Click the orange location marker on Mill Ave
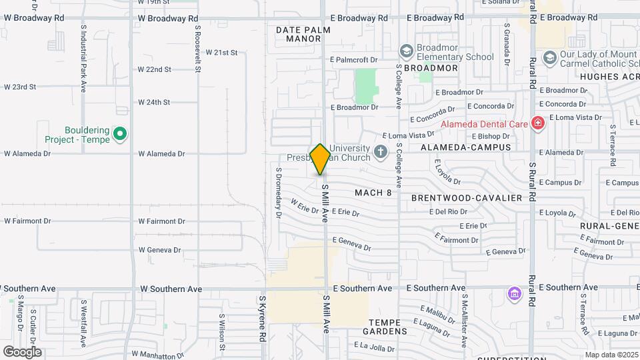coord(320,159)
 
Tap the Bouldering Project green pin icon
coord(120,135)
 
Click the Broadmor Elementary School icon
coord(406,51)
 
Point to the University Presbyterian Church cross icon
coord(381,153)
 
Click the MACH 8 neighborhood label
coord(373,193)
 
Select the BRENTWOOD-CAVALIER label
coord(466,198)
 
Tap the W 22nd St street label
coord(154,69)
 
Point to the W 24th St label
coord(154,103)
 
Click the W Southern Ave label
coord(171,289)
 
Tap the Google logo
coord(22,351)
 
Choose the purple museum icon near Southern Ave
coord(513,293)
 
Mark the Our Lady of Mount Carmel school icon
coord(549,58)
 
